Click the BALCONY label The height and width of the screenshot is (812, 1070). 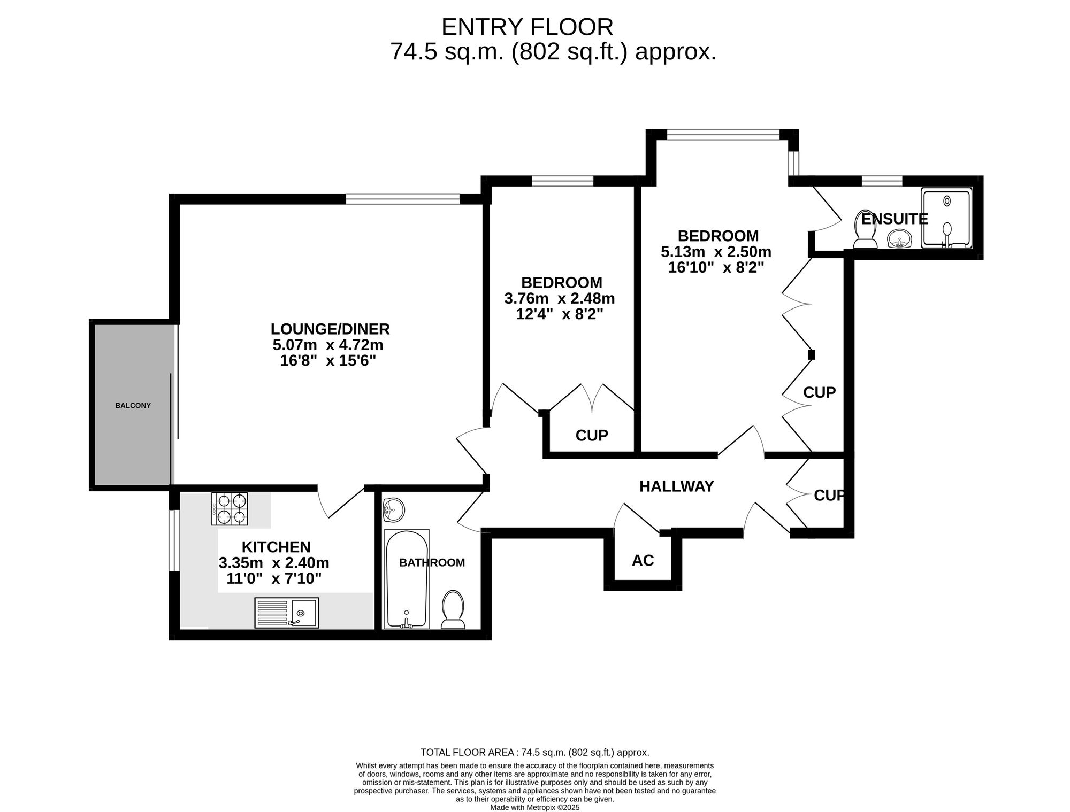(133, 406)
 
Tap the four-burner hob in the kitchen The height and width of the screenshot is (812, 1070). (230, 509)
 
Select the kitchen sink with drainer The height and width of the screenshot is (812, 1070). (286, 613)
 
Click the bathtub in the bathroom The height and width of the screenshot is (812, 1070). (407, 579)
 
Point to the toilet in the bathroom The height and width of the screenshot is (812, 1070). (453, 609)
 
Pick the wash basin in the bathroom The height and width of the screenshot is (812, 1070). (394, 510)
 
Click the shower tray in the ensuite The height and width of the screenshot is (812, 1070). (946, 218)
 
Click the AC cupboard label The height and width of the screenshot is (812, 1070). (643, 560)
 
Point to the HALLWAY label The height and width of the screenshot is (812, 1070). (676, 486)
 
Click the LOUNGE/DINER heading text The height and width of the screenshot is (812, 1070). (330, 329)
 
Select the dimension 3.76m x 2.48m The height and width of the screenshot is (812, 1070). (560, 298)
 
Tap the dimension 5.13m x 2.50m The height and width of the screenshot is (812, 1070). (716, 251)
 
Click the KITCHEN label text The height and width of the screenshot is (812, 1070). (276, 547)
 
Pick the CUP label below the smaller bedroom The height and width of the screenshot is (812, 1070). (592, 436)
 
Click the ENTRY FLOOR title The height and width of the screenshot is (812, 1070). (527, 27)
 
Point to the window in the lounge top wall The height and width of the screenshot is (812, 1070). (402, 199)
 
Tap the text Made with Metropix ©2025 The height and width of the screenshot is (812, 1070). (534, 808)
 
